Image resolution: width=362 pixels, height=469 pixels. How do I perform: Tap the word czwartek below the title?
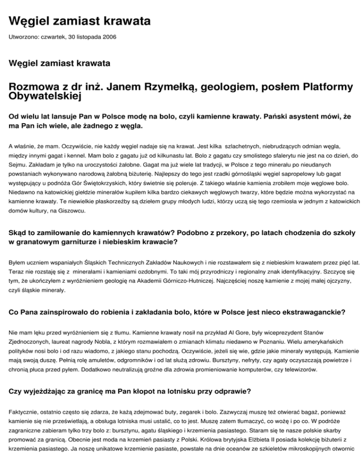point(56,37)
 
